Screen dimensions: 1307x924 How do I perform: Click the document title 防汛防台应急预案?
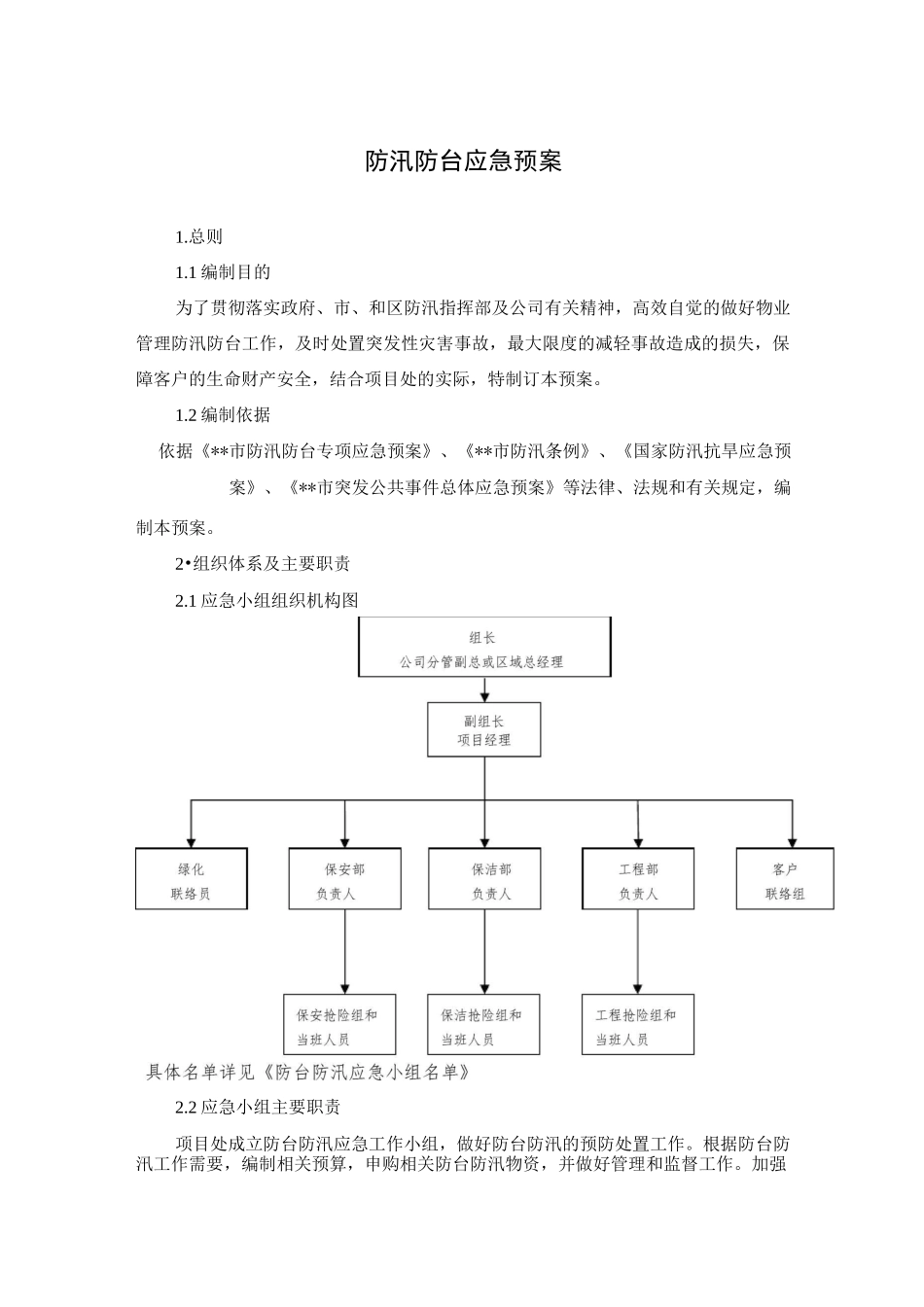point(463,161)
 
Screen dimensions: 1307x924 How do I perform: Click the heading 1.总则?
point(198,236)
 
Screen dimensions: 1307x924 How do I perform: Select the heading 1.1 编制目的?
point(223,272)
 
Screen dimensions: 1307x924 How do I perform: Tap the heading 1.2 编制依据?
point(223,415)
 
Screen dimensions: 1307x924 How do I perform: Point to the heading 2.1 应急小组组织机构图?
point(267,600)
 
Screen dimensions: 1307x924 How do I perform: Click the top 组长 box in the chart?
point(484,648)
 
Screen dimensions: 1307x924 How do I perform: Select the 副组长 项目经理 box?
point(484,730)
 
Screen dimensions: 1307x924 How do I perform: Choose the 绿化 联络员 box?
point(191,880)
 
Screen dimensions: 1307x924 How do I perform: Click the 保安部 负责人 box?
point(345,880)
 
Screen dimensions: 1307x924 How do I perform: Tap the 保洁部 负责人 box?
point(484,880)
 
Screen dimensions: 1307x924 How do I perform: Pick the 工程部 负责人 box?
point(638,880)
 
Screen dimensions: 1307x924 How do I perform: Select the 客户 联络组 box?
point(785,880)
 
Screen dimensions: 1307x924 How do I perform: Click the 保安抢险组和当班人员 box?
point(339,1026)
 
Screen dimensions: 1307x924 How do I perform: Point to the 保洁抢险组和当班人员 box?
point(483,1026)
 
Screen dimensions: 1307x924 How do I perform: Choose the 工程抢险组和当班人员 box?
point(638,1026)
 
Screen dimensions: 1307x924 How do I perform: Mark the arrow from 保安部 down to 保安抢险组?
point(345,953)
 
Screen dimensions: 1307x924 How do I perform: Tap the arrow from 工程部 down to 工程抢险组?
point(638,953)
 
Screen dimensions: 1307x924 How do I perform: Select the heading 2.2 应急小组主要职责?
point(258,1108)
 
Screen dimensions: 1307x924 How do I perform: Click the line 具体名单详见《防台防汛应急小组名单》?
point(308,1073)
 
